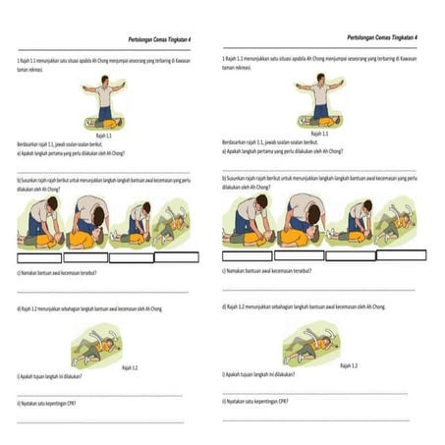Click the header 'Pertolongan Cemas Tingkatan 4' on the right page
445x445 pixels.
pos(382,36)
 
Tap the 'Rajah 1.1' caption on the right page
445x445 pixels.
pos(319,133)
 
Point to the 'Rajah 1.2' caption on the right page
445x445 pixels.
pos(348,364)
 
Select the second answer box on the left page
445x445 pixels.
pos(85,258)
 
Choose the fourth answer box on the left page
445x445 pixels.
pos(176,257)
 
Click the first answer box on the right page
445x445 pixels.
pos(247,255)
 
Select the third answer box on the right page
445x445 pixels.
pos(351,255)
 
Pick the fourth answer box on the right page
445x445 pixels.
pos(402,254)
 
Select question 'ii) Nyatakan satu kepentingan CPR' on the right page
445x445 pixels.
pos(267,401)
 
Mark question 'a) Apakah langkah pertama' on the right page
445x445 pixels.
pos(284,151)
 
